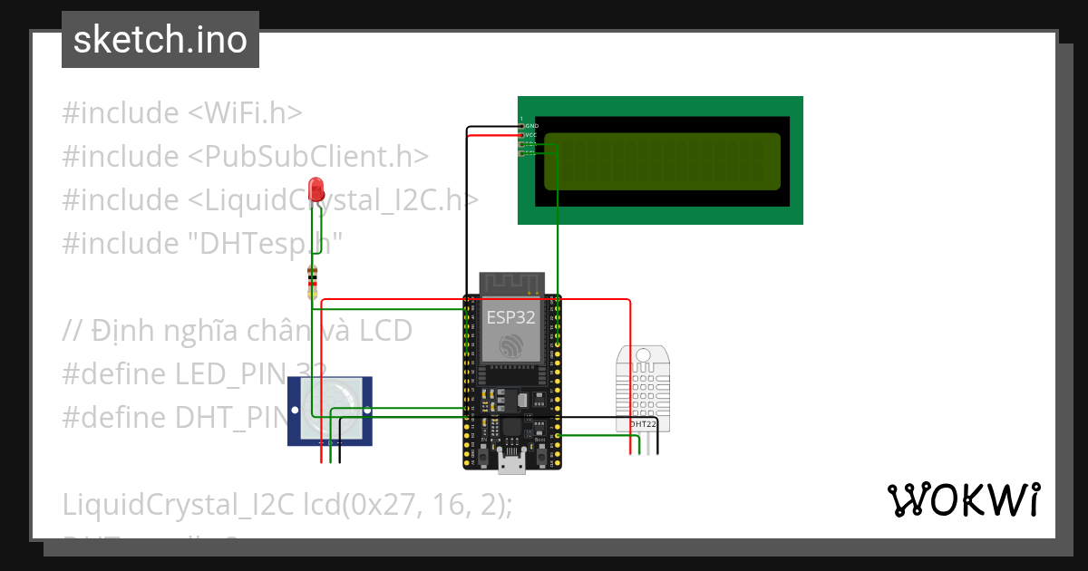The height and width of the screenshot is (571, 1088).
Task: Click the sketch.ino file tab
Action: pyautogui.click(x=160, y=40)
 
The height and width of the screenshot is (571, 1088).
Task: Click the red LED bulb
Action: pyautogui.click(x=316, y=189)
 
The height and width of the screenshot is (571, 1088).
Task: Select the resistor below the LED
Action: pyautogui.click(x=313, y=283)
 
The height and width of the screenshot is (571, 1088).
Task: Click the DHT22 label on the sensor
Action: pyautogui.click(x=643, y=423)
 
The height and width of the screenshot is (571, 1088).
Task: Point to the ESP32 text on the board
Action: pyautogui.click(x=510, y=317)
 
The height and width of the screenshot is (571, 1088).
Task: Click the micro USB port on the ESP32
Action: pyautogui.click(x=511, y=464)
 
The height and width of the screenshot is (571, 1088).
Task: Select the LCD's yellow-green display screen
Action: pyautogui.click(x=662, y=161)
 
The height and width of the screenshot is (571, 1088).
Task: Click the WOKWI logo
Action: pyautogui.click(x=963, y=499)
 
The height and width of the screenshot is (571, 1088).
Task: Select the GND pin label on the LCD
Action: pyautogui.click(x=532, y=125)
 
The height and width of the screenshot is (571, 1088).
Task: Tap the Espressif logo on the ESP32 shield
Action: pyautogui.click(x=510, y=344)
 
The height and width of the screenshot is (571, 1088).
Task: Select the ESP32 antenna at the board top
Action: pyautogui.click(x=510, y=282)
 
